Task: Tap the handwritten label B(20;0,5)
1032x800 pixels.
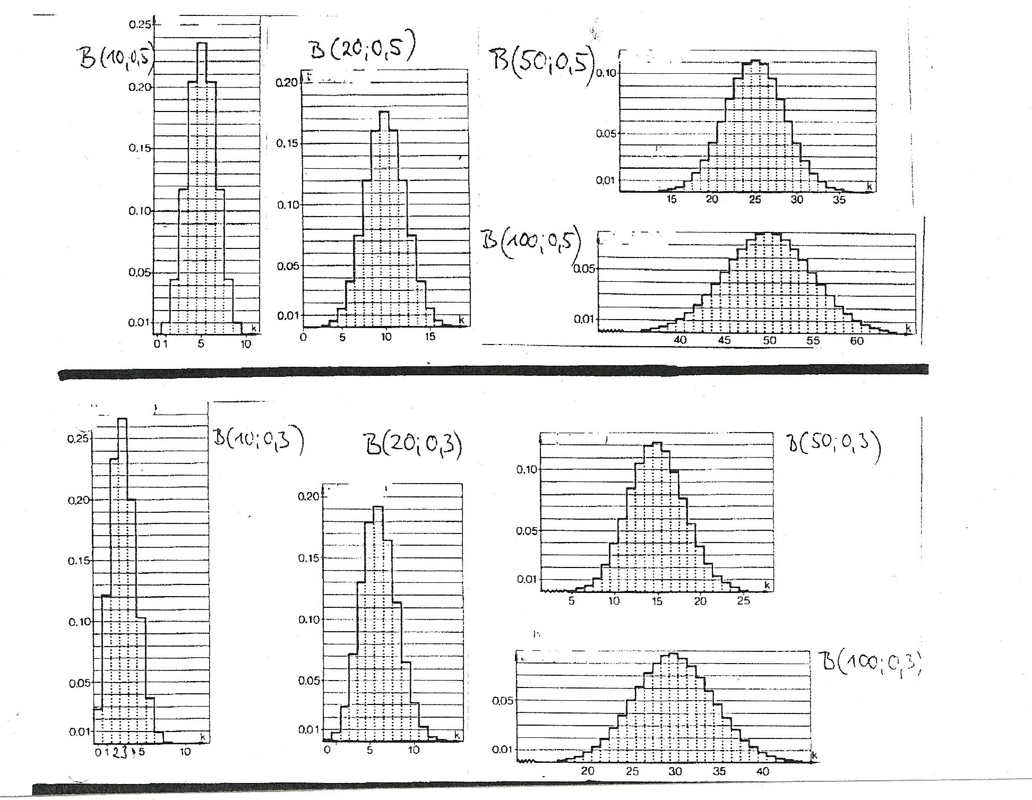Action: click(361, 51)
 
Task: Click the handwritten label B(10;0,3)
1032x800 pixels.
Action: click(258, 442)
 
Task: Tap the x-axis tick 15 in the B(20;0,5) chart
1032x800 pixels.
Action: click(431, 337)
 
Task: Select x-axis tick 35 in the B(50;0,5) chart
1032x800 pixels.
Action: click(839, 200)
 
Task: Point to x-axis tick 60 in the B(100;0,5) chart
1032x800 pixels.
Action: click(857, 341)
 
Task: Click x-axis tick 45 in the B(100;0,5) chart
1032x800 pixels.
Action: click(724, 341)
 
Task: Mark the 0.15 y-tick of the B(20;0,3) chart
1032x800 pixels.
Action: click(308, 558)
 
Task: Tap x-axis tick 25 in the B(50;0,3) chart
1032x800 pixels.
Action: click(744, 601)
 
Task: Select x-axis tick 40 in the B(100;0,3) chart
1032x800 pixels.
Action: click(762, 771)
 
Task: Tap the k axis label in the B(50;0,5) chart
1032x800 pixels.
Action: click(869, 186)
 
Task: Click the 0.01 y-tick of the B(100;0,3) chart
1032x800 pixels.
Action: click(502, 750)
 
